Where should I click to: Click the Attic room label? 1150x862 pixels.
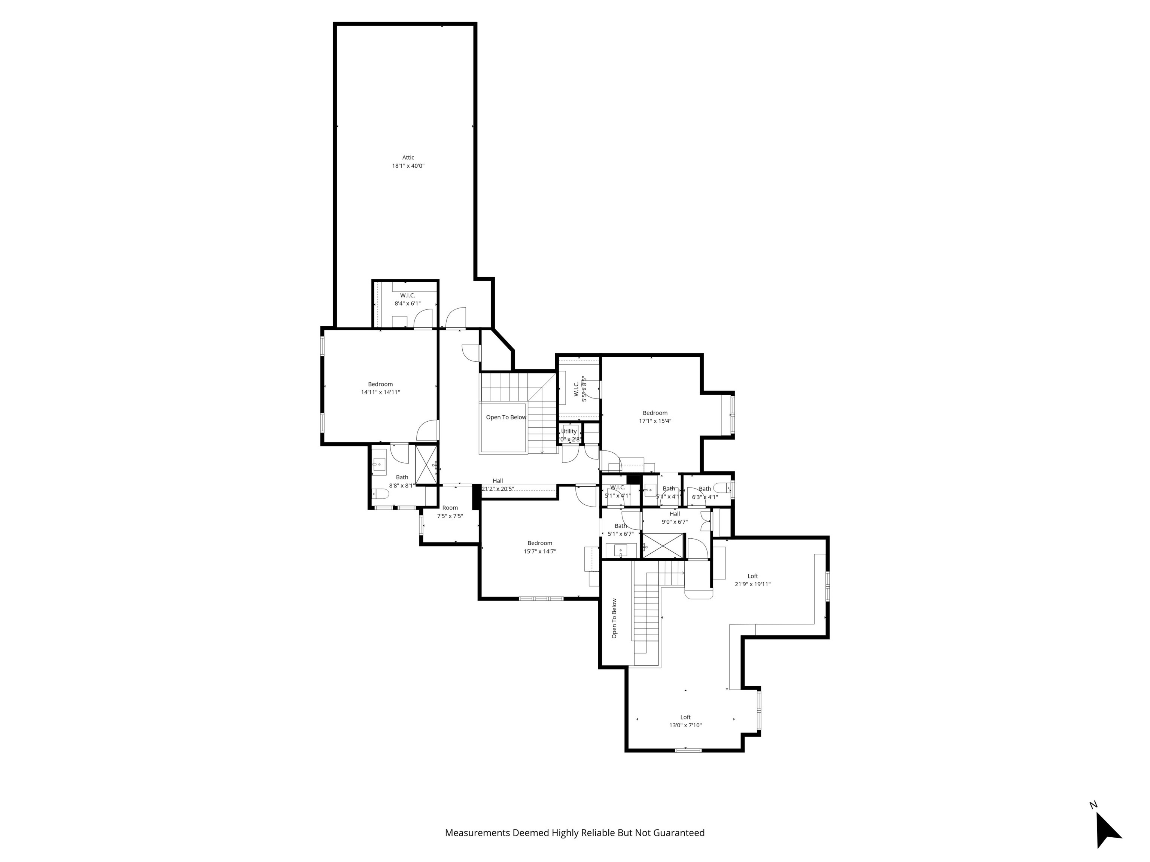408,158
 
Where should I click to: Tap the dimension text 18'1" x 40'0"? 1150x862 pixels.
408,166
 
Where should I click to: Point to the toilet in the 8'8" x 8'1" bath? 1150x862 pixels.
379,493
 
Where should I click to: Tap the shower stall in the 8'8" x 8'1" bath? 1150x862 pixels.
426,465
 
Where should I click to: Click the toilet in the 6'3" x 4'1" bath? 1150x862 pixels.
722,487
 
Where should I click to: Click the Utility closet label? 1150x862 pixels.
569,431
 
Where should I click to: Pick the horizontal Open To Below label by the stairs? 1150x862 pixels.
506,417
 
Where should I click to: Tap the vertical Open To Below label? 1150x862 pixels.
614,618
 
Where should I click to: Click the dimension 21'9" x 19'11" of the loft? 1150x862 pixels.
752,584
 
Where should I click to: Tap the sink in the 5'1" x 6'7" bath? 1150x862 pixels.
620,550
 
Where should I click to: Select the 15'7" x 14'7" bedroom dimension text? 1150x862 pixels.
540,551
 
